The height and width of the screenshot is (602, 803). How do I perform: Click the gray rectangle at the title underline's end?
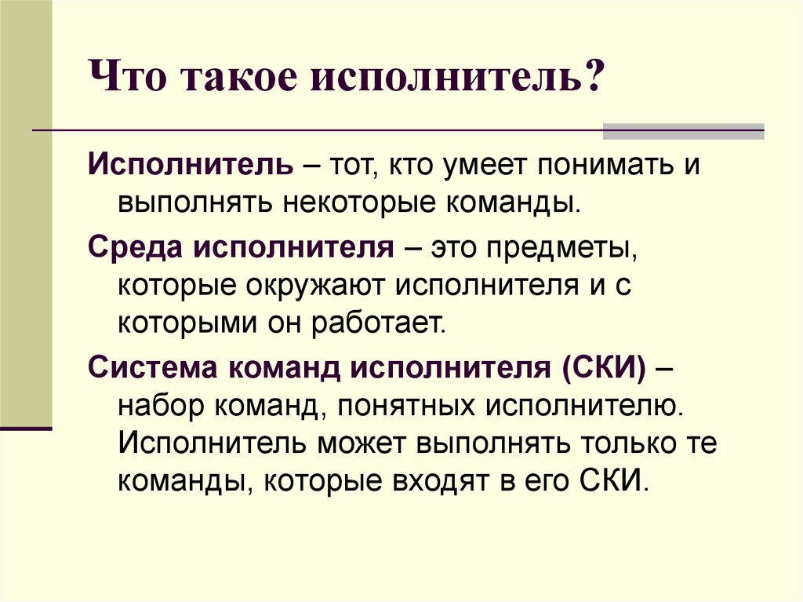[x=683, y=131]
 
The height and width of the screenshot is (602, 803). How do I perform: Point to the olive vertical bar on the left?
[x=26, y=213]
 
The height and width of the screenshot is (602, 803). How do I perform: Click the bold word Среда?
[x=135, y=248]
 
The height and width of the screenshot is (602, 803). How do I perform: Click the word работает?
[x=379, y=323]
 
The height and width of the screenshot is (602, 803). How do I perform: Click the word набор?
[x=160, y=406]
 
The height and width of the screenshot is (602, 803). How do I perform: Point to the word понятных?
[x=406, y=407]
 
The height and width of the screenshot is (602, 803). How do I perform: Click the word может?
[x=361, y=444]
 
